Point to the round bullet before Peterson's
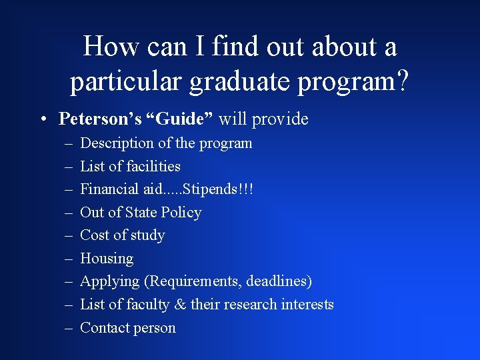coord(42,120)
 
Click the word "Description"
coord(117,143)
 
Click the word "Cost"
coord(94,235)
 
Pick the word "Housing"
coord(107,259)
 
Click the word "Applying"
coord(110,282)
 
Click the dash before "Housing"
coord(69,259)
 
